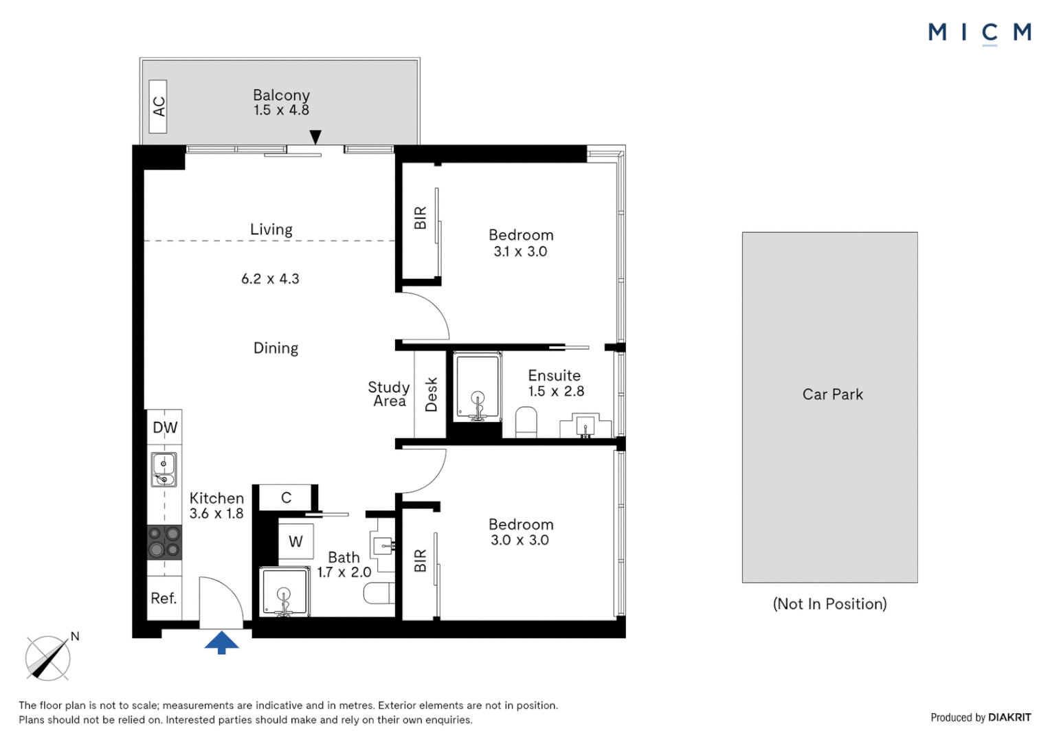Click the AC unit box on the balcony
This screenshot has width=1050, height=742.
tap(158, 106)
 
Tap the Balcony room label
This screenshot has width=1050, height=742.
tap(281, 95)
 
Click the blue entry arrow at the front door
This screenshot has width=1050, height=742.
tap(221, 643)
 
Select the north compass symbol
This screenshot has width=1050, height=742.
tap(48, 657)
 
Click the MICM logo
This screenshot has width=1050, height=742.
tap(979, 32)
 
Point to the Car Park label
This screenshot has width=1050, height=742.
tap(832, 394)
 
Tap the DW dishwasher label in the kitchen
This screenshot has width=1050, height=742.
tap(165, 427)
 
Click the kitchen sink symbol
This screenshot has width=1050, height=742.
tap(164, 470)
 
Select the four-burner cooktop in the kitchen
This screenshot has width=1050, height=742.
tap(165, 541)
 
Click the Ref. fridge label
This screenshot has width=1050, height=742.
tap(164, 598)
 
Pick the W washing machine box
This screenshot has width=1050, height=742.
tap(295, 541)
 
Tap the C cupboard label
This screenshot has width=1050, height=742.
tap(287, 497)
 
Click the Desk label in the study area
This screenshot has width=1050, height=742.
tap(431, 394)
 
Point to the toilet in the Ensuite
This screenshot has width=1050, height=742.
tap(526, 422)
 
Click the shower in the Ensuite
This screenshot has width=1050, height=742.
tap(477, 386)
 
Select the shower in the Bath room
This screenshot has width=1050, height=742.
tap(284, 592)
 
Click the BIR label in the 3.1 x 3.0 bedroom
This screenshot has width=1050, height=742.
tap(420, 218)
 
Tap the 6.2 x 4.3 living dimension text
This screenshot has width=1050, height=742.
tap(270, 279)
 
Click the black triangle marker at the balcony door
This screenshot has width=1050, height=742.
tap(315, 137)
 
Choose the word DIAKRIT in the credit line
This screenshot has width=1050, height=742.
tap(1009, 717)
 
